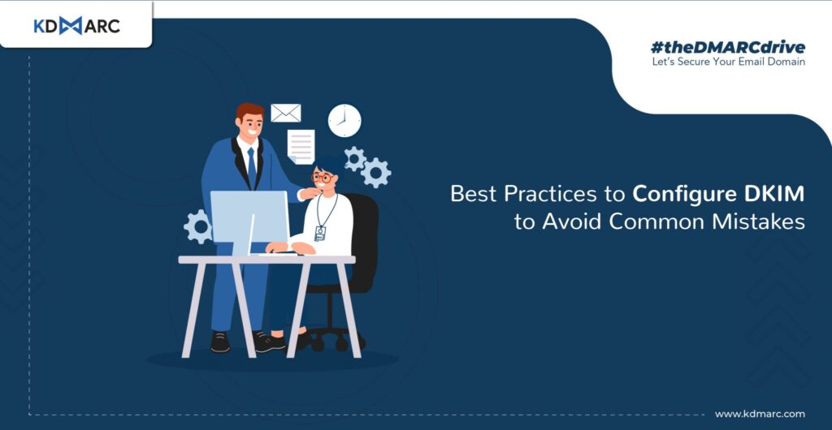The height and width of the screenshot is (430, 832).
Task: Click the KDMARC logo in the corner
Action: click(77, 25)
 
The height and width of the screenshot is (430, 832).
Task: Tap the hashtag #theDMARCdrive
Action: click(727, 47)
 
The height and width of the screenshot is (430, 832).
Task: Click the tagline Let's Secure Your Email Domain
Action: click(728, 62)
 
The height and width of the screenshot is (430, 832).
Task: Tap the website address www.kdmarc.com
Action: click(760, 414)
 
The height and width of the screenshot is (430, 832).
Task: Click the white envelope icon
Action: click(285, 113)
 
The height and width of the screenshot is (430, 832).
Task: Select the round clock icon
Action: click(344, 120)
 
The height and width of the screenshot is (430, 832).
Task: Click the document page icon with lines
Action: click(301, 147)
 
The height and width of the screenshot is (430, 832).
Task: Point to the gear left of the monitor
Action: click(198, 226)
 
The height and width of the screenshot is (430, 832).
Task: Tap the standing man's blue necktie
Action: click(252, 167)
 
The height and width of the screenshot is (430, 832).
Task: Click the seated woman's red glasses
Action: click(322, 178)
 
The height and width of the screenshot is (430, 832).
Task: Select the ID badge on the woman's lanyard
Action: click(319, 233)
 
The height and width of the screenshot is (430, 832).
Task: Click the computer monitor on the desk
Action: click(249, 217)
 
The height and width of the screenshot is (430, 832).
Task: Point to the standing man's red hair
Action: click(250, 110)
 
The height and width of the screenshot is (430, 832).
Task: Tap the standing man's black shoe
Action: click(220, 342)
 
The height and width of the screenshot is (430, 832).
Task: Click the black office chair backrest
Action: click(365, 241)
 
